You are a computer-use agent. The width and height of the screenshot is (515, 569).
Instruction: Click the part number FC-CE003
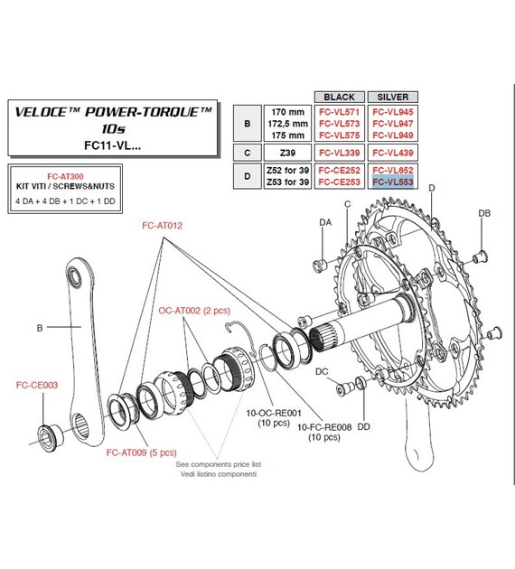38,385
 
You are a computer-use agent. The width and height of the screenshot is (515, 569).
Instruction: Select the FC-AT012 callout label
164,226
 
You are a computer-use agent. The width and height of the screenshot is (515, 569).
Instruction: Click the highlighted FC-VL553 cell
392,182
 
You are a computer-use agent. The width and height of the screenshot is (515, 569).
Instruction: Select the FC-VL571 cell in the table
337,112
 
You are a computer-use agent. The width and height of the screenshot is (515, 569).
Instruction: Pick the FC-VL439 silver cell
392,152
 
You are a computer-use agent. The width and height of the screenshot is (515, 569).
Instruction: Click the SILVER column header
392,96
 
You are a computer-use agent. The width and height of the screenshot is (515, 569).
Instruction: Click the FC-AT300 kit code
64,179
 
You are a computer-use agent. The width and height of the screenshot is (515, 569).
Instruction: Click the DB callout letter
484,212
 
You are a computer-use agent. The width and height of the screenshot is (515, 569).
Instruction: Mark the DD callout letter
363,425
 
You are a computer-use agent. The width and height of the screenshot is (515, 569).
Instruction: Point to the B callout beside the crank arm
39,328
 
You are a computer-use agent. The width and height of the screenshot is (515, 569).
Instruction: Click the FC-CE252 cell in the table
337,170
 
